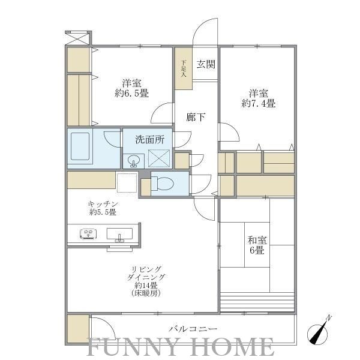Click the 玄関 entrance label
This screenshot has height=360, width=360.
click(206, 64)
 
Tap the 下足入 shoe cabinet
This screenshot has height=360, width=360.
click(184, 68)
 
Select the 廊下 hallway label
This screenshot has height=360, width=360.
click(196, 118)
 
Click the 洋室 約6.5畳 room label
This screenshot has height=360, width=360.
click(131, 88)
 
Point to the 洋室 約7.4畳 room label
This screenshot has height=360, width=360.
click(259, 98)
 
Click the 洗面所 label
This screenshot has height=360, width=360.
click(149, 139)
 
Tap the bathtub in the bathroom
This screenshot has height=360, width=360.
click(80, 146)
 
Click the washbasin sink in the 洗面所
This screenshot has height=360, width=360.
click(134, 161)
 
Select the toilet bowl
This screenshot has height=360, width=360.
click(163, 183)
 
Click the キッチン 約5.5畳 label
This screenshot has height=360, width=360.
click(103, 208)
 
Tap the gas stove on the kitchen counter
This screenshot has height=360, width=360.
click(88, 234)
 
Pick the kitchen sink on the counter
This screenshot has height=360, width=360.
click(119, 234)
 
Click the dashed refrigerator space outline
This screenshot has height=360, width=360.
click(127, 182)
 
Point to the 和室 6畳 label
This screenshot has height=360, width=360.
click(257, 245)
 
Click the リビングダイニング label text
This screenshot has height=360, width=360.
click(146, 273)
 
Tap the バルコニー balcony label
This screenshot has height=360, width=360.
click(193, 329)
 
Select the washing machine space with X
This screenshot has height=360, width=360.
click(159, 158)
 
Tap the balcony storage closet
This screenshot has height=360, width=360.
click(78, 329)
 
